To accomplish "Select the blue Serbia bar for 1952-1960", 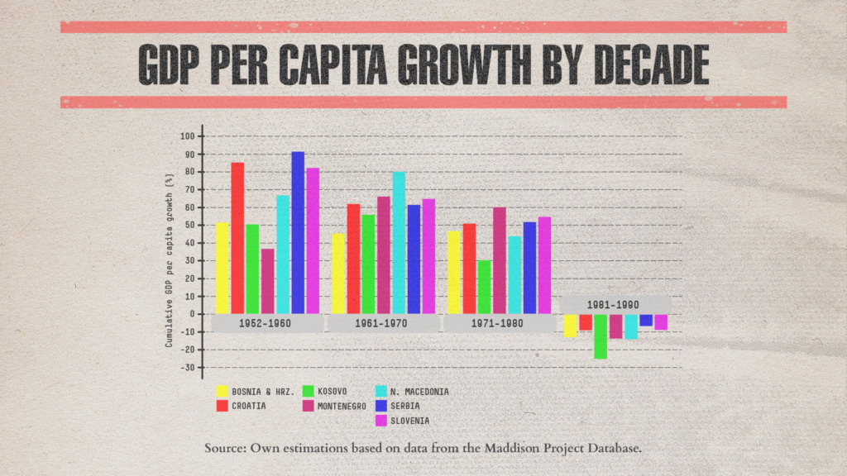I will point(298,232).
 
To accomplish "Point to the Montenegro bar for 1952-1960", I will point(268,281).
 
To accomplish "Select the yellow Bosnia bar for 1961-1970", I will point(338,274).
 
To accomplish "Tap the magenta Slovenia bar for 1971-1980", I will point(544,265).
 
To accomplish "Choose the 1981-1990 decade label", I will point(613,305).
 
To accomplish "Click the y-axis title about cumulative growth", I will point(169,260).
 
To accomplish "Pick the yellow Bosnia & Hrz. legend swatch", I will point(222,391).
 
